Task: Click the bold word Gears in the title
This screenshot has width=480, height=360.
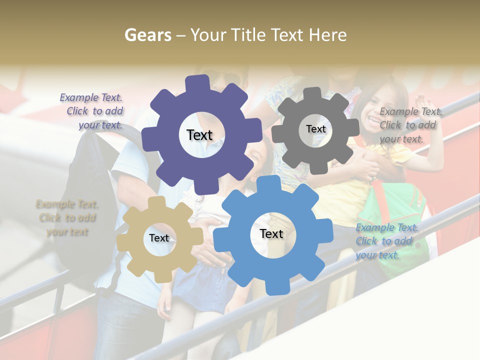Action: pos(147,35)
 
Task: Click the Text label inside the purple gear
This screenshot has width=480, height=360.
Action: pos(199,135)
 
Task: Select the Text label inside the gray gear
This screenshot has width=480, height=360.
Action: pos(315,129)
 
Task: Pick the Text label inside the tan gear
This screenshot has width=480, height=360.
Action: pos(159,238)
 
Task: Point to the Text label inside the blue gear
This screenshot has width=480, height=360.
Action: pos(271,233)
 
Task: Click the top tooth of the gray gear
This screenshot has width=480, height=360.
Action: pos(312,93)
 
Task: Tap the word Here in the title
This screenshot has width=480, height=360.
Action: pos(327,35)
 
